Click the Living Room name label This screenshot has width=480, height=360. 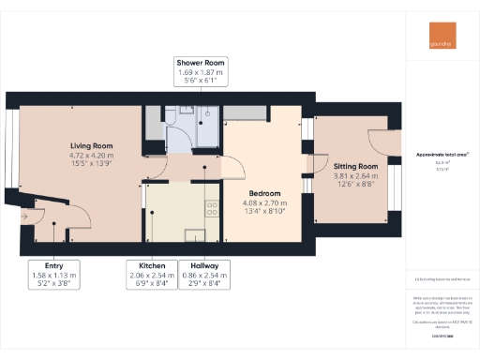[91, 145]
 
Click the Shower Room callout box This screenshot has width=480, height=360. [201, 72]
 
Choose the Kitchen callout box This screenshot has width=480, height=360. [152, 275]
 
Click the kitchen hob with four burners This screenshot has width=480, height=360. [212, 208]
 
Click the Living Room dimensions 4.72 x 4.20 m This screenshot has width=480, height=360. [91, 156]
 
